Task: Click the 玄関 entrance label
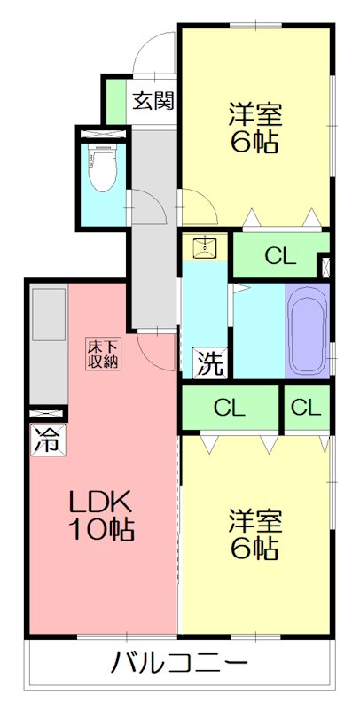(x=153, y=100)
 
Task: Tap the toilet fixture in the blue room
(x=102, y=168)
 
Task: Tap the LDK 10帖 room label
(x=102, y=516)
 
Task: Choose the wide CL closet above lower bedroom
(x=229, y=409)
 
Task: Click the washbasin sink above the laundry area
(x=205, y=246)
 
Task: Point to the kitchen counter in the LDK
(x=48, y=346)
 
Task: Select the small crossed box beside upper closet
(x=325, y=265)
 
